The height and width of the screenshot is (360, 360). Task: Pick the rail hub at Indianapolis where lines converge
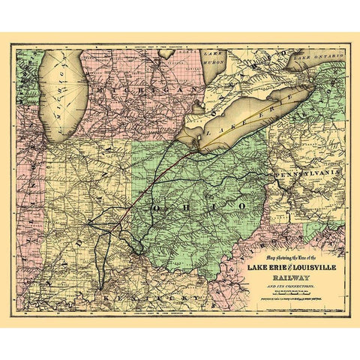click(91, 223)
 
